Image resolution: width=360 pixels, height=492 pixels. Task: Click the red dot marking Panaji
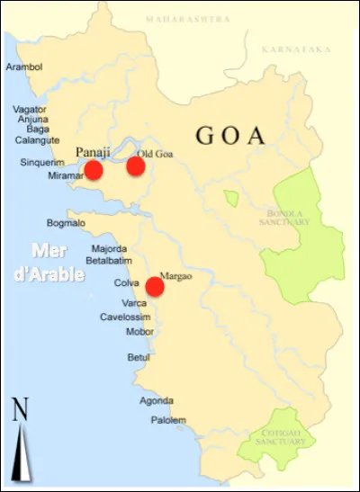[x=93, y=170]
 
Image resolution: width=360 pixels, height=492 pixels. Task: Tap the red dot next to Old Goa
[x=136, y=166]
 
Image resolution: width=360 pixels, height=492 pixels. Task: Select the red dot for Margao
[x=155, y=286]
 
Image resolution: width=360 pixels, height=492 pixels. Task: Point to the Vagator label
[x=30, y=109]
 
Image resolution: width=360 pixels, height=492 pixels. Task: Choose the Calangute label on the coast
[x=37, y=140]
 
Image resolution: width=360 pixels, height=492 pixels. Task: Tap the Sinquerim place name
[x=42, y=163]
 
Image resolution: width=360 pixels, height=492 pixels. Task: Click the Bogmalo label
[x=66, y=223]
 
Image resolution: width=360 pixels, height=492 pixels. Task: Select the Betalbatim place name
[x=109, y=261]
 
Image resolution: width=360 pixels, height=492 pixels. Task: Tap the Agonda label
[x=156, y=401]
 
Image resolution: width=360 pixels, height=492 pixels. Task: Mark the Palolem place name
[x=168, y=420]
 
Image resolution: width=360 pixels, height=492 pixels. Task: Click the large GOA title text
[x=231, y=137]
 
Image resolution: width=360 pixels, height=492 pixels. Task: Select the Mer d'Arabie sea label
[x=55, y=262]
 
